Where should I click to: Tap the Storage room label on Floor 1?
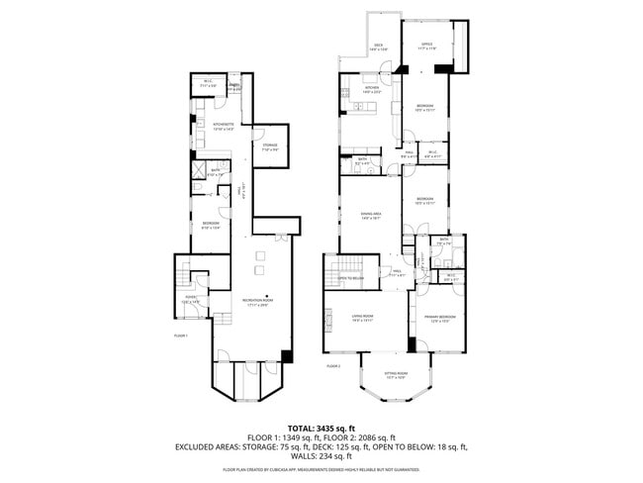click(270, 147)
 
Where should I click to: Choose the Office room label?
click(427, 46)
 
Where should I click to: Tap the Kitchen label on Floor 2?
click(372, 89)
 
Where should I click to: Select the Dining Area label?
click(372, 217)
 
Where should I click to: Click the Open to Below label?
click(349, 279)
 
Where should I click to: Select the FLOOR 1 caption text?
click(180, 336)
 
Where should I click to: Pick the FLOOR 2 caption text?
click(333, 366)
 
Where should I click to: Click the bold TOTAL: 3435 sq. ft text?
click(321, 426)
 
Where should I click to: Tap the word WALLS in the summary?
click(295, 455)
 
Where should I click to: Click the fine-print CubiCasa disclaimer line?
click(321, 470)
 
